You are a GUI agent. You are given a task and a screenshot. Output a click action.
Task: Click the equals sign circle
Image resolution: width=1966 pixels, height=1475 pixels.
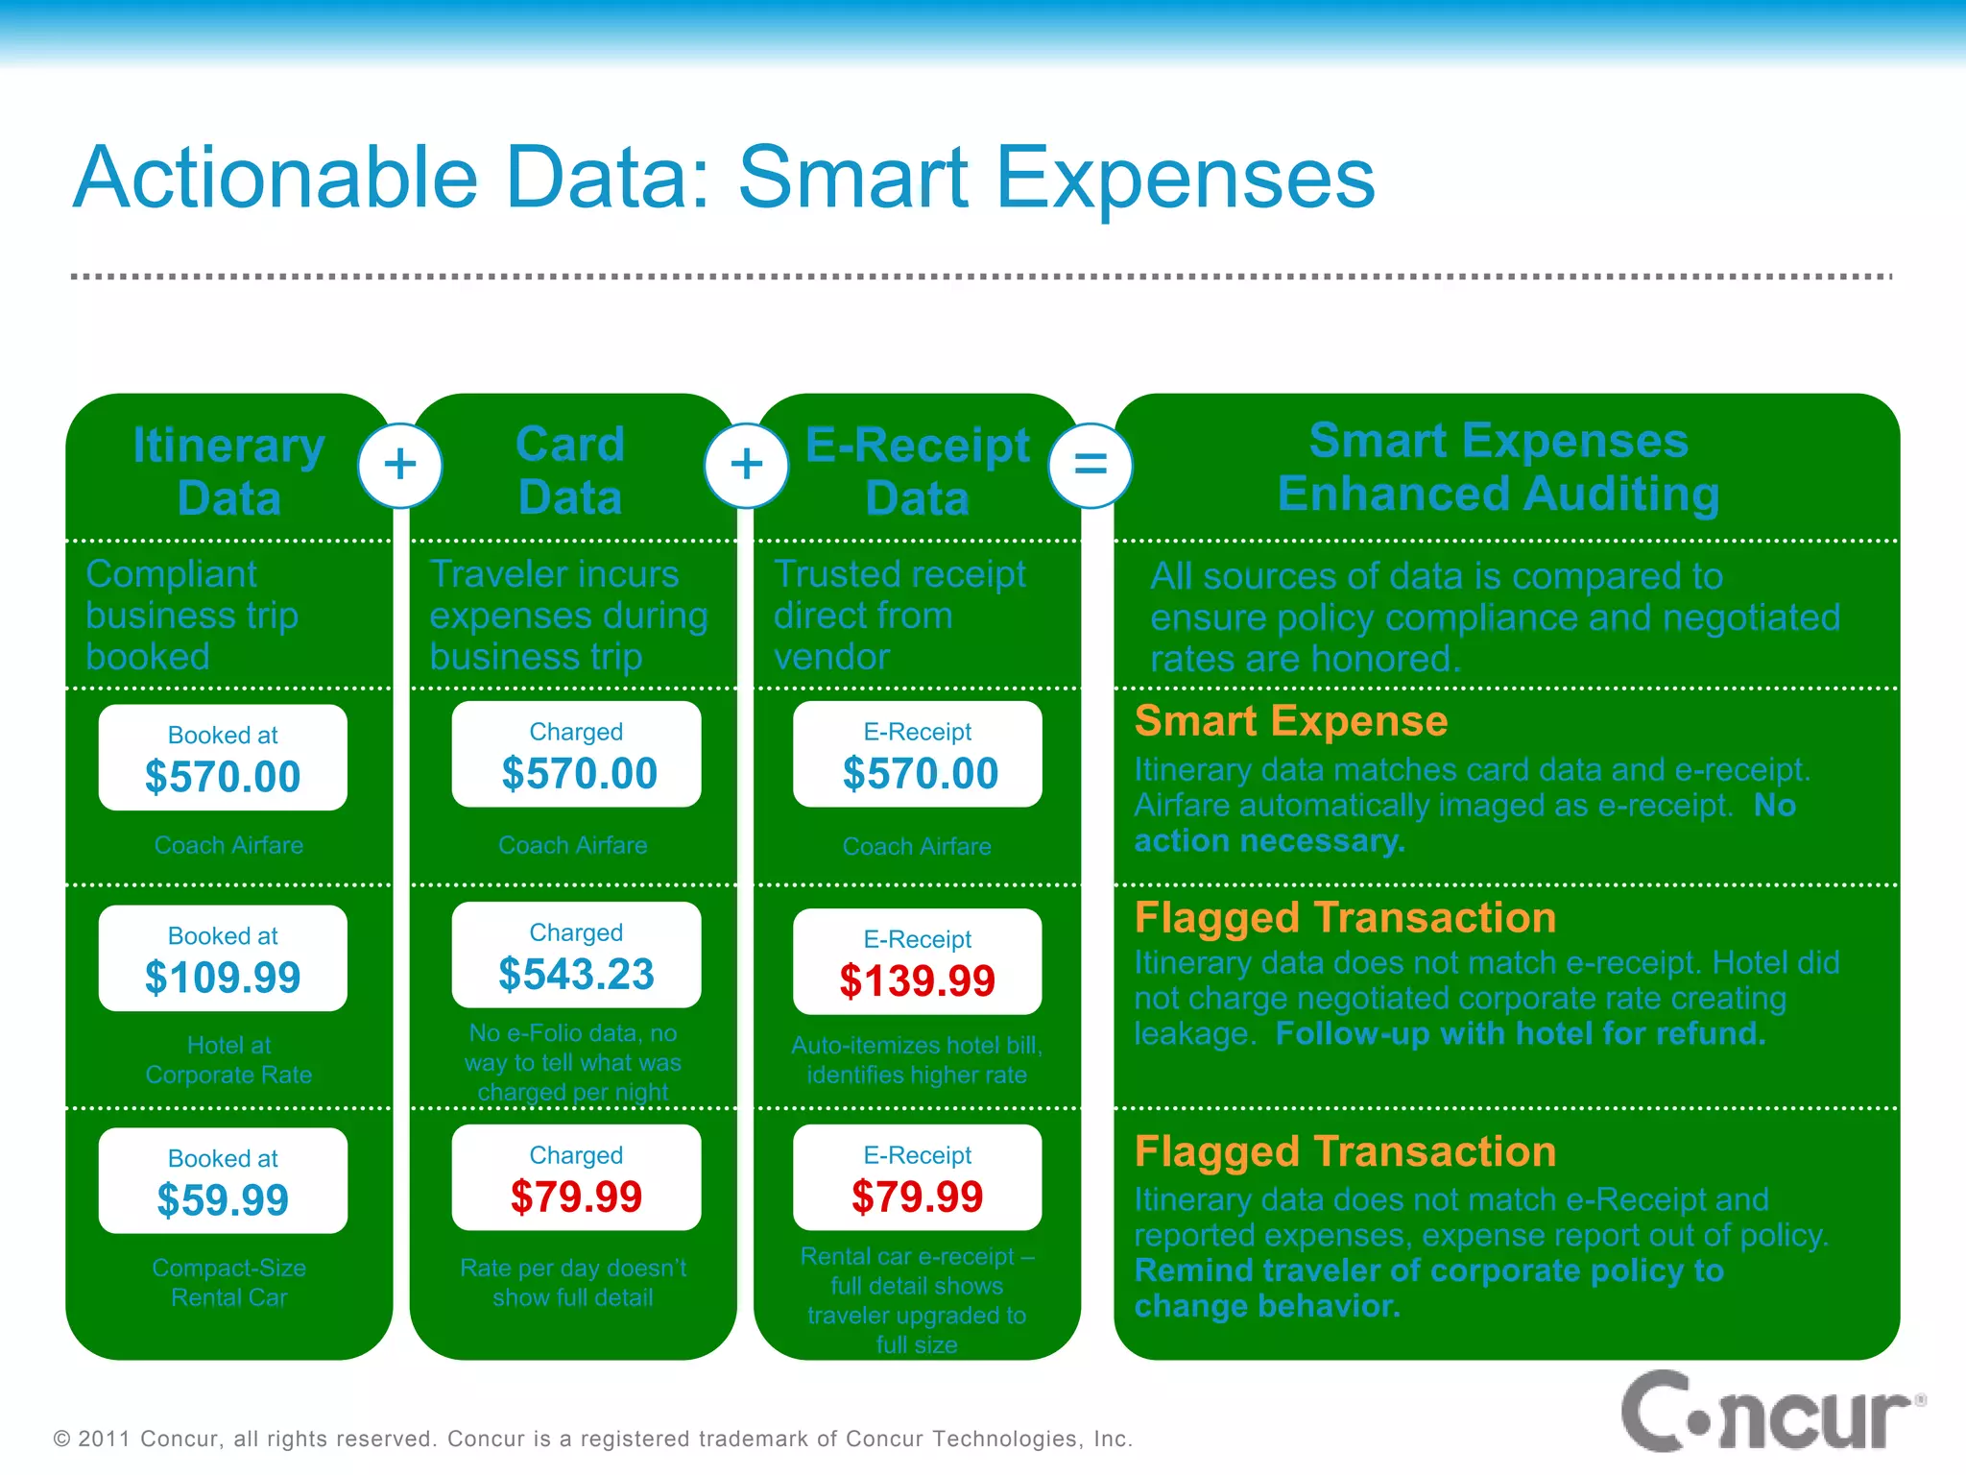pos(1090,466)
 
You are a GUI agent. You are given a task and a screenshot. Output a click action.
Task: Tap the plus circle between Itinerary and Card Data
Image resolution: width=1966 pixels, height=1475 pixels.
pos(400,466)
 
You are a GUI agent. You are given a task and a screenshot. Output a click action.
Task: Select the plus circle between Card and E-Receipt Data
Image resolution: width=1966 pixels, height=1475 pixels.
pos(746,466)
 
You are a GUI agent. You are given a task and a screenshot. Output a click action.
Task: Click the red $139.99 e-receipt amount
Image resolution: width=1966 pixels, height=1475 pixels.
pos(917,980)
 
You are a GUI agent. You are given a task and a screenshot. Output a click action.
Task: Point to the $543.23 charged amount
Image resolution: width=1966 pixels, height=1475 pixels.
pos(576,974)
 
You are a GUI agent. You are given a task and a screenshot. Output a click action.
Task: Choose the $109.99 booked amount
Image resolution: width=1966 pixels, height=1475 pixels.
pos(223,978)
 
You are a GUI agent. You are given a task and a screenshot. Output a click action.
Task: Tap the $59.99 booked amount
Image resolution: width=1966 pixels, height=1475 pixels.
pos(223,1200)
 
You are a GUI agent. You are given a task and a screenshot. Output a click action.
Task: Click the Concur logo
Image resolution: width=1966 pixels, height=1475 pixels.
pos(1771,1414)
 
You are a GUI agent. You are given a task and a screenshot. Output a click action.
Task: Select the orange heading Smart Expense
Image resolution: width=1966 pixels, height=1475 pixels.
pos(1290,721)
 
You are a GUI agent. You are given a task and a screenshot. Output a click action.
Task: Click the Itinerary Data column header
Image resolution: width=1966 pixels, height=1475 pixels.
pos(228,472)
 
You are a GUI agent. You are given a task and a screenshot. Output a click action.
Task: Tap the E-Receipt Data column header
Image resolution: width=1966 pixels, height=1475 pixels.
pos(917,472)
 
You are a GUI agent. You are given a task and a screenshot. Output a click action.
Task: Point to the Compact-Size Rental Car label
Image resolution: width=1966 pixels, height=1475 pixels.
pos(228,1283)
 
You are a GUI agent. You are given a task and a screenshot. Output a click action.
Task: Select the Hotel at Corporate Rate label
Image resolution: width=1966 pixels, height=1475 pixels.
pos(228,1060)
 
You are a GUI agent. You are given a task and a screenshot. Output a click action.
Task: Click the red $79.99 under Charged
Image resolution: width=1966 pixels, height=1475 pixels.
pos(576,1197)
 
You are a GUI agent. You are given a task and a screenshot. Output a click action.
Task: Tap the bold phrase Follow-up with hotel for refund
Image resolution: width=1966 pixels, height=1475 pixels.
pos(1520,1033)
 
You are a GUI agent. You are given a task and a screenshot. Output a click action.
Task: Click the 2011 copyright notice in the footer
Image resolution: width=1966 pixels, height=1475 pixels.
pos(592,1439)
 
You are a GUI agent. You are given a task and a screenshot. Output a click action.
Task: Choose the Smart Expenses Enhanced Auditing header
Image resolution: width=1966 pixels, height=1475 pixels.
pos(1498,467)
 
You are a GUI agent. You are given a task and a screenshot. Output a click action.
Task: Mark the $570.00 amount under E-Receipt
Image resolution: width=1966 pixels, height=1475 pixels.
pos(920,774)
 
